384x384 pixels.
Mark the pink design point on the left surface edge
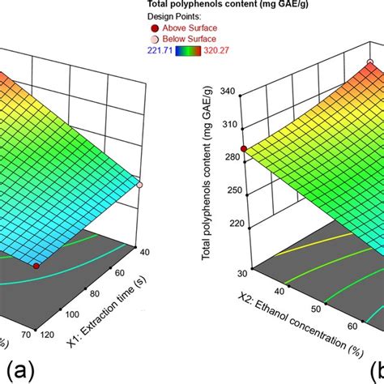pos(140,186)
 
